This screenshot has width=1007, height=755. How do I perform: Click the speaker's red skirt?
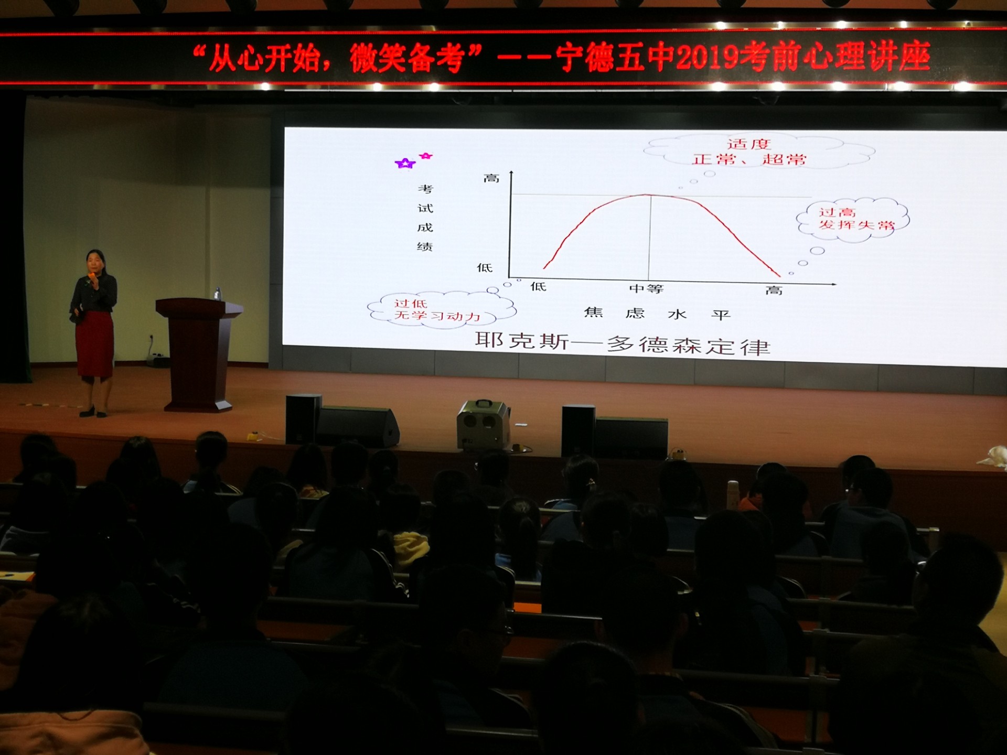(x=94, y=343)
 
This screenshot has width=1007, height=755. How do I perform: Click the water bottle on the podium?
(x=217, y=294)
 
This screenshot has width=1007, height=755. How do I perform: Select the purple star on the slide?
(x=405, y=164)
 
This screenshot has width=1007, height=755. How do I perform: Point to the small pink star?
(x=426, y=156)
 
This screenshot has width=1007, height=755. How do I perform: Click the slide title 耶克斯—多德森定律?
(x=623, y=344)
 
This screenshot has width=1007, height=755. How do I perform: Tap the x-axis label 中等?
(x=646, y=289)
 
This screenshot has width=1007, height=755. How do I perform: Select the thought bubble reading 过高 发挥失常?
(x=853, y=220)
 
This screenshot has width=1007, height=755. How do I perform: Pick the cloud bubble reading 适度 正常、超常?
(x=759, y=152)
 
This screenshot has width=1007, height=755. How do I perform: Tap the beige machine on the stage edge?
(x=483, y=425)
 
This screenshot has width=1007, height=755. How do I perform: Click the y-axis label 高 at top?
(x=491, y=178)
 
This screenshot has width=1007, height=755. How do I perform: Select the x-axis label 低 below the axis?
(x=539, y=286)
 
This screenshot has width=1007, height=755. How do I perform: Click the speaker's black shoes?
(x=93, y=412)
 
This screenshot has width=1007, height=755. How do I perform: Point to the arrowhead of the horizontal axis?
(x=833, y=284)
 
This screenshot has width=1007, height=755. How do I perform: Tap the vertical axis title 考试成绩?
(x=425, y=218)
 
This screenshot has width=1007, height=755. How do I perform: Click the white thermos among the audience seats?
(x=733, y=494)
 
